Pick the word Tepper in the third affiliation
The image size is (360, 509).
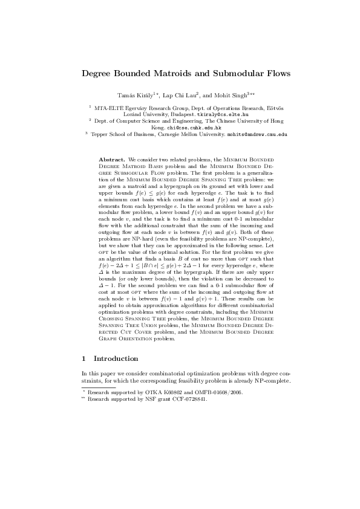(x=99, y=135)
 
